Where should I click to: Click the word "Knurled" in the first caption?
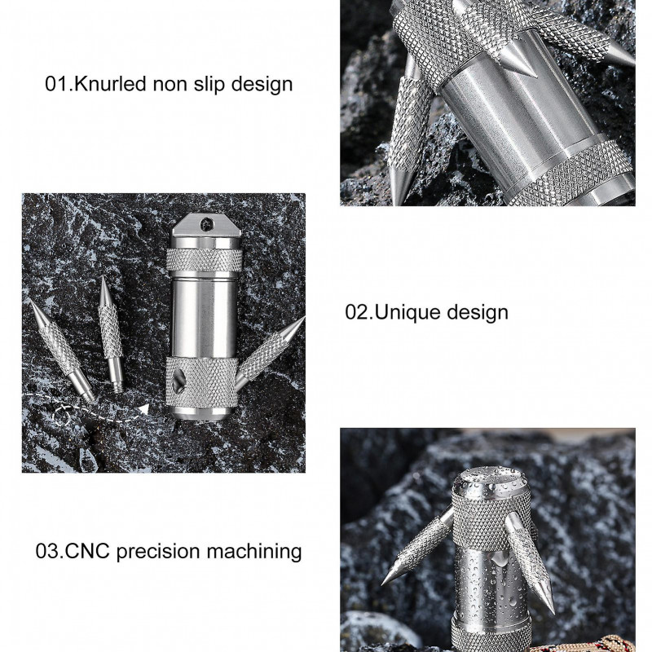tap(110, 84)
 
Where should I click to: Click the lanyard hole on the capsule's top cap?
tap(207, 225)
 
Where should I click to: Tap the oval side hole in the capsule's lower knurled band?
tap(178, 380)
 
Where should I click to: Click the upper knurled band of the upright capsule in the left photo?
tap(205, 260)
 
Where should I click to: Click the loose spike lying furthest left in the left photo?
tap(63, 350)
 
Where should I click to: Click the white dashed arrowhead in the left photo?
tap(143, 409)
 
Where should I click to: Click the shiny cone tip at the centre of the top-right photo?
tap(519, 64)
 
